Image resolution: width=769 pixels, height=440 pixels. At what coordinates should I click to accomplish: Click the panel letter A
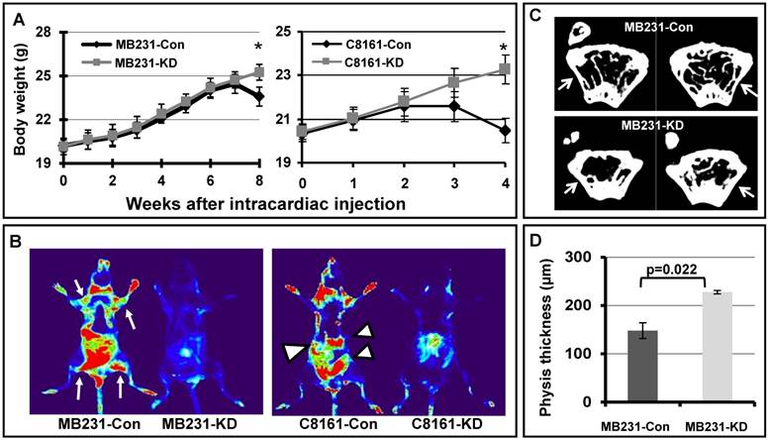pos(19,15)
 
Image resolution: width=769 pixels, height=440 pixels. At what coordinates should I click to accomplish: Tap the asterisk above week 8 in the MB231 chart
pos(258,47)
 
